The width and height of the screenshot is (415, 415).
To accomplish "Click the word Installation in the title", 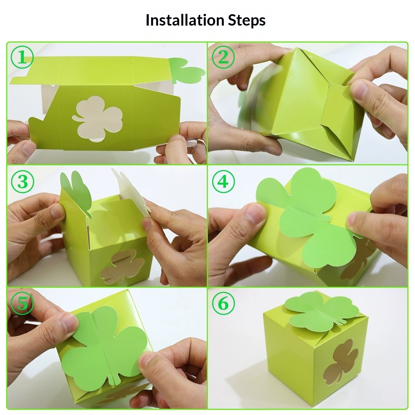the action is click(185, 20).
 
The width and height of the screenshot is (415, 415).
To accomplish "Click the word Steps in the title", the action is click(247, 21).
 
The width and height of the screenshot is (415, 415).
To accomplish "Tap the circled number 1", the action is click(22, 57).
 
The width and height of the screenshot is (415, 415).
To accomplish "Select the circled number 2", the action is click(223, 57).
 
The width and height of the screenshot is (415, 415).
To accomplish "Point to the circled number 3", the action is click(22, 182).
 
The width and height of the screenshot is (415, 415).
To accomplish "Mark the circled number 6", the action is click(223, 303).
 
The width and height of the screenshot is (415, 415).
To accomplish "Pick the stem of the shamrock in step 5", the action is click(114, 379).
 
